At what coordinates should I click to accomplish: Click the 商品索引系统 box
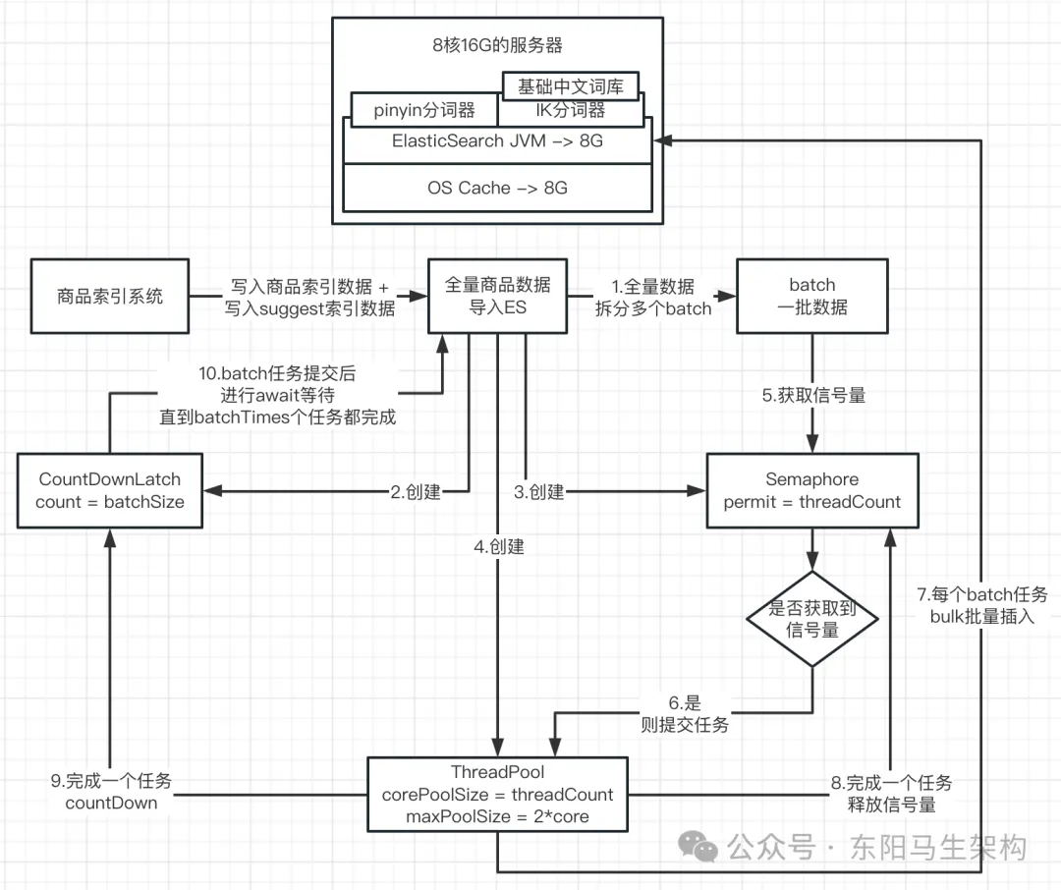coord(109,296)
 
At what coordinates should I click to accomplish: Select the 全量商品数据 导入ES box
coord(498,296)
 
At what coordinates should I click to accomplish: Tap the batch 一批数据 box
coord(812,296)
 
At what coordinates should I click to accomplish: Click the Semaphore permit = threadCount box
coord(812,491)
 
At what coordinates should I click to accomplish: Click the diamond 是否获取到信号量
coord(811,620)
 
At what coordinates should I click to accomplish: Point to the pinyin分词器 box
coord(424,110)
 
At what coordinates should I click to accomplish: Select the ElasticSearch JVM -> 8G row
coord(497,141)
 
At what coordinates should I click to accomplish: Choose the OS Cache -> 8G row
coord(497,187)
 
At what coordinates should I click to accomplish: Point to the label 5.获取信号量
coord(812,396)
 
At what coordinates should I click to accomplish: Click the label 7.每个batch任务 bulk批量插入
coord(982,606)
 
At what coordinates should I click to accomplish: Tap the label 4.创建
coord(498,547)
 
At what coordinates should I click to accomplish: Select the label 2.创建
coord(416,492)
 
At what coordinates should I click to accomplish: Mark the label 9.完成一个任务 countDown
coord(111,792)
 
